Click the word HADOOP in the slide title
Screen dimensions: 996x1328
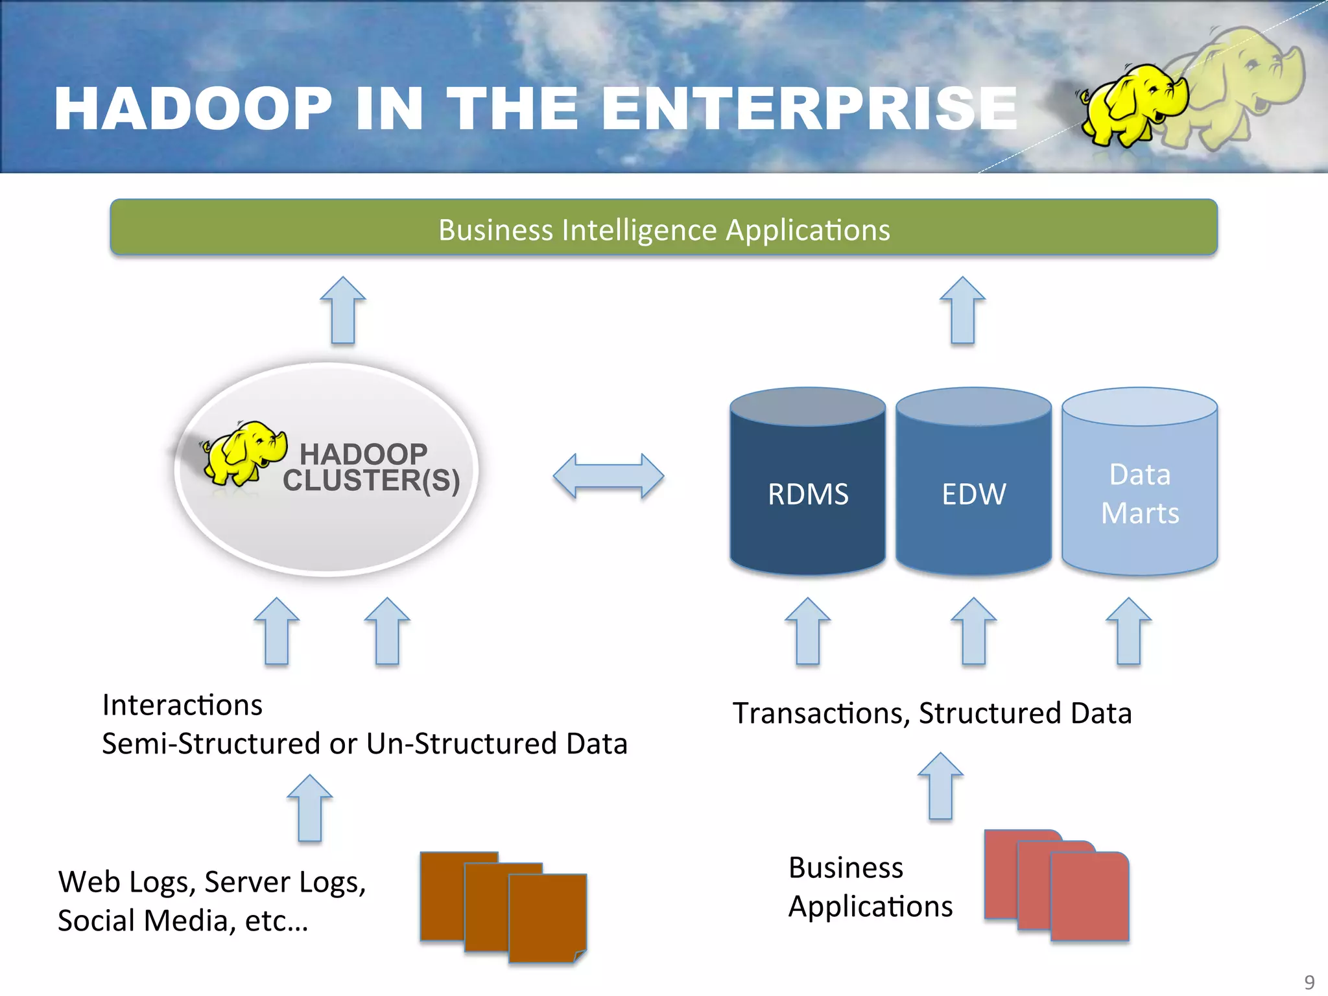click(x=193, y=109)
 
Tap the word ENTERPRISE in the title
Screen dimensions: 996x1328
click(x=809, y=109)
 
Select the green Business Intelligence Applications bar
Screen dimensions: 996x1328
click(x=663, y=228)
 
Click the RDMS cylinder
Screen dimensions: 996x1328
click(x=807, y=493)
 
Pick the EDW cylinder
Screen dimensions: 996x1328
click(x=973, y=493)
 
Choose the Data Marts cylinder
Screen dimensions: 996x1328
click(x=1139, y=493)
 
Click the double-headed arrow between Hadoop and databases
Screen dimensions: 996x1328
click(x=608, y=476)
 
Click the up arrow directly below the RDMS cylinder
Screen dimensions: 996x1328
click(x=807, y=632)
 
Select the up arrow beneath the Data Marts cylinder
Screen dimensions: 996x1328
click(x=1128, y=632)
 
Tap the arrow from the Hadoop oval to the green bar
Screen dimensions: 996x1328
click(x=343, y=311)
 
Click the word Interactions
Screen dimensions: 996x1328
click(x=182, y=705)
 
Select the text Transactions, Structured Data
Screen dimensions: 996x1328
click(x=932, y=713)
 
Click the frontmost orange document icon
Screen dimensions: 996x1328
click(x=547, y=918)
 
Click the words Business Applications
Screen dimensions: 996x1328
click(x=870, y=886)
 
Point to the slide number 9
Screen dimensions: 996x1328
click(x=1309, y=982)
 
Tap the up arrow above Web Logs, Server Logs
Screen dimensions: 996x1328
click(x=310, y=809)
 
